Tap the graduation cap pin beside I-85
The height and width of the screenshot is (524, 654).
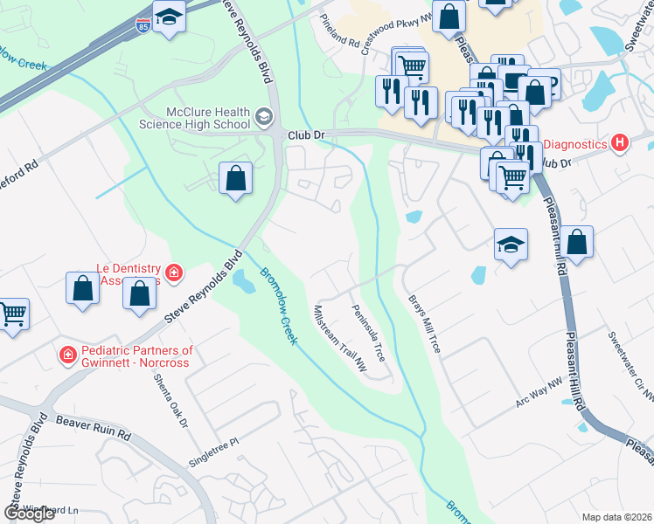pyautogui.click(x=169, y=17)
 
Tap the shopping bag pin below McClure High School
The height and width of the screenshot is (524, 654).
pyautogui.click(x=235, y=179)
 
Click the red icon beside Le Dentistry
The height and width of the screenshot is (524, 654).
pyautogui.click(x=174, y=273)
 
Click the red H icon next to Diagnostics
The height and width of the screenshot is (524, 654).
pyautogui.click(x=620, y=142)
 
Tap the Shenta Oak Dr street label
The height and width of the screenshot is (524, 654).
pyautogui.click(x=171, y=401)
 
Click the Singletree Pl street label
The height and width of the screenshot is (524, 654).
pyautogui.click(x=214, y=452)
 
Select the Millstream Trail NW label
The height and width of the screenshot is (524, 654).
pyautogui.click(x=340, y=339)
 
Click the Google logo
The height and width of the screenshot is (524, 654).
pyautogui.click(x=29, y=514)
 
